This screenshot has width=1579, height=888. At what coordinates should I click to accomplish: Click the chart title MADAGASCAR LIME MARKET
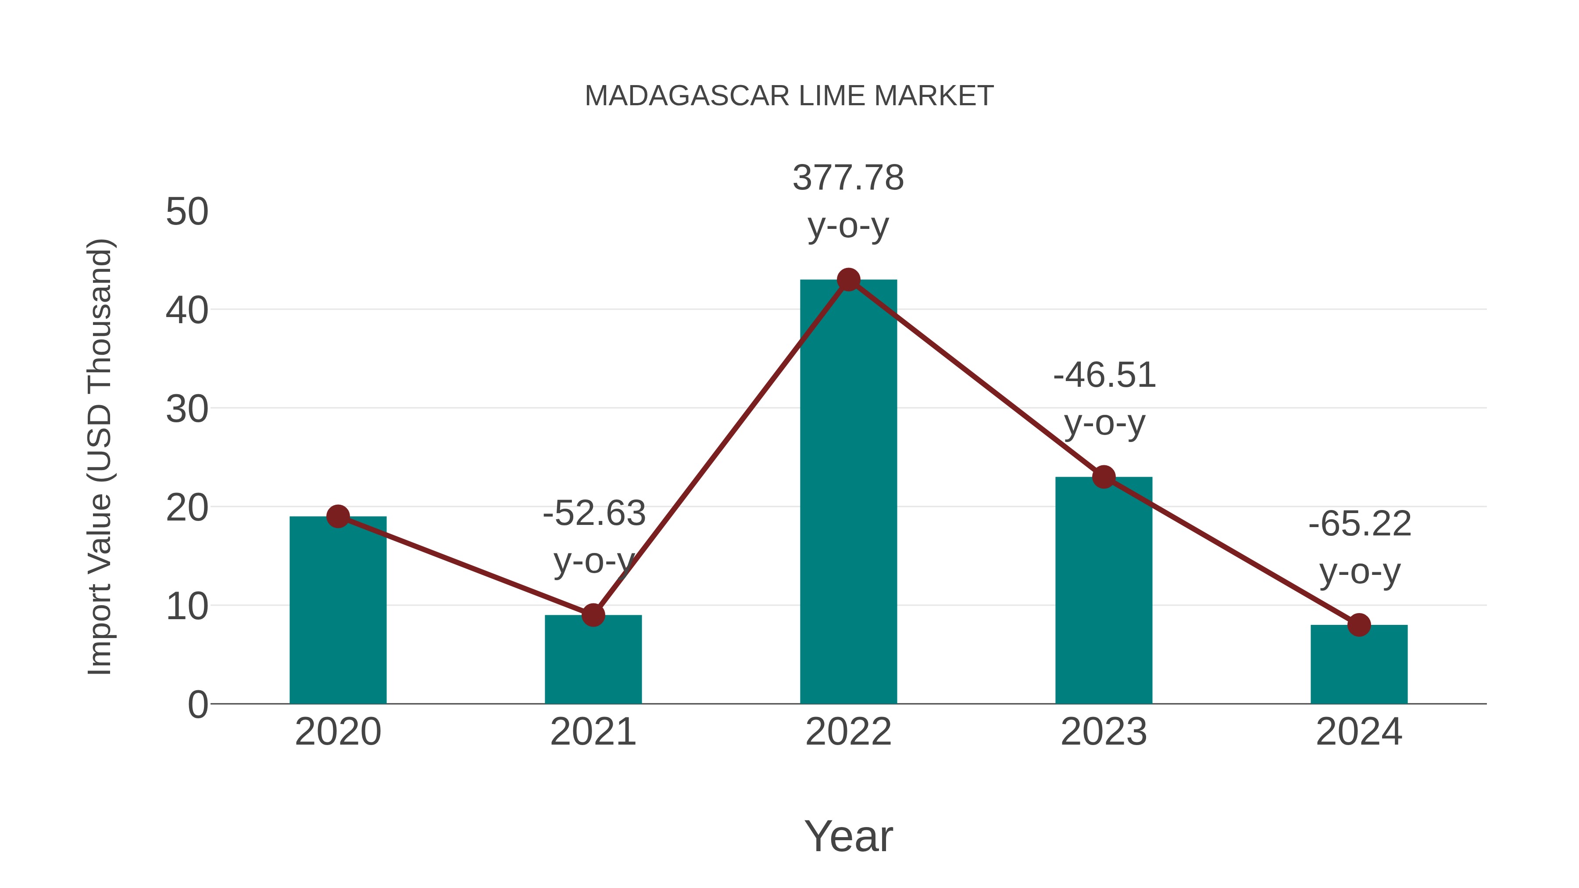(x=789, y=96)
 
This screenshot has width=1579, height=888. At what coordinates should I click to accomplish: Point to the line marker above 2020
(x=338, y=517)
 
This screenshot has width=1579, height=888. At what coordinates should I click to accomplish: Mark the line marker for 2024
(x=1359, y=625)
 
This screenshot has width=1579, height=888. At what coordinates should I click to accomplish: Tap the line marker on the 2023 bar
(x=1104, y=477)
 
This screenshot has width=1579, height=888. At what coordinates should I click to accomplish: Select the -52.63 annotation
(x=594, y=514)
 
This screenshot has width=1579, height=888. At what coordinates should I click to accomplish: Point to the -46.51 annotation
(x=1104, y=375)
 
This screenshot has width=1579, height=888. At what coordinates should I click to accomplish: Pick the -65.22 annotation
(x=1360, y=524)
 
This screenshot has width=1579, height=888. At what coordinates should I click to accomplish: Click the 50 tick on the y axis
(x=187, y=212)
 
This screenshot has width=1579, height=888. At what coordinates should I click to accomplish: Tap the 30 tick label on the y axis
(x=187, y=409)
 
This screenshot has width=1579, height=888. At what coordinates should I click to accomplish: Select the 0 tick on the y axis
(x=197, y=705)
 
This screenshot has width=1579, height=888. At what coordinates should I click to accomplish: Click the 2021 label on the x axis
(x=593, y=732)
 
